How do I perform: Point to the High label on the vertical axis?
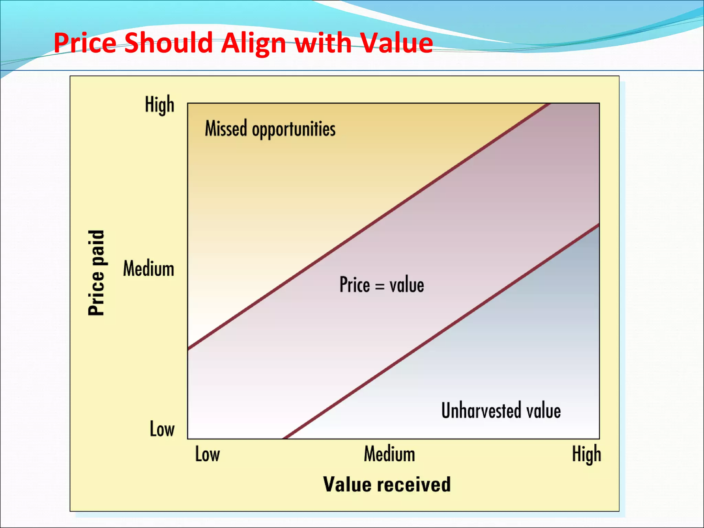(x=159, y=104)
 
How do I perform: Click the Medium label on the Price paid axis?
(x=148, y=268)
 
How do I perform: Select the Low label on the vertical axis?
(x=162, y=429)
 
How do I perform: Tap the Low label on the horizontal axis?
(x=207, y=454)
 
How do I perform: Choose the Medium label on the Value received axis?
(x=389, y=454)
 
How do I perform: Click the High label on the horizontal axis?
(x=586, y=454)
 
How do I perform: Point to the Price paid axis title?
(x=96, y=273)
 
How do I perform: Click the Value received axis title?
(x=387, y=484)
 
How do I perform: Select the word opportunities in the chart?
(x=294, y=130)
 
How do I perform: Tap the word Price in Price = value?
(x=354, y=285)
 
